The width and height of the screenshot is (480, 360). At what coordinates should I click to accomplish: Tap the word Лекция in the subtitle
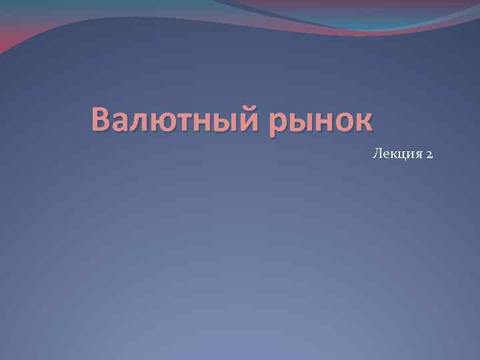pos(395,155)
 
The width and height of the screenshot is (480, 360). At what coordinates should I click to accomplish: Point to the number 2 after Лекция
pos(429,155)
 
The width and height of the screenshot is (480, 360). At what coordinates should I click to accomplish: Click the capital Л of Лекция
pos(377,154)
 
